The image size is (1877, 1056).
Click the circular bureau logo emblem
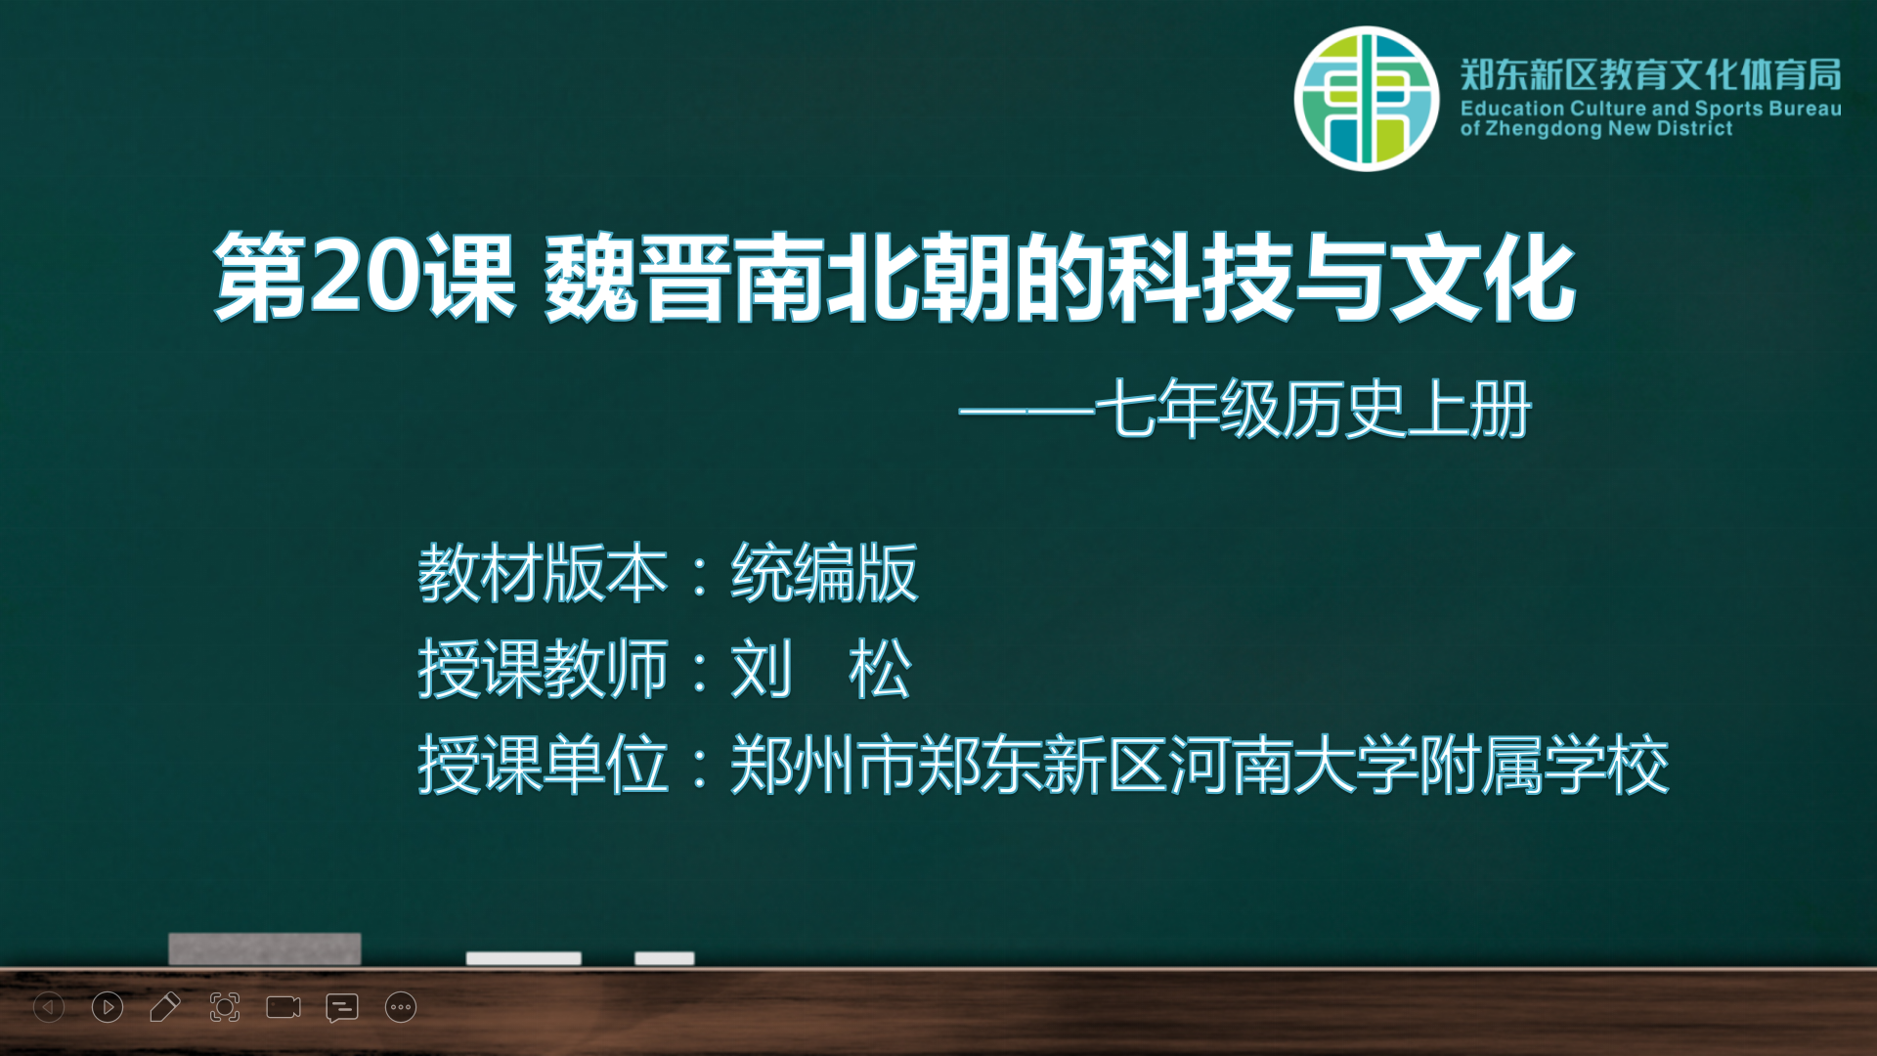pos(1367,99)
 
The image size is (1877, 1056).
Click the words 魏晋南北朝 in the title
pos(777,278)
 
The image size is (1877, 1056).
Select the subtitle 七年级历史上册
pos(1312,409)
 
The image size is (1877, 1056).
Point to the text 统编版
pos(824,573)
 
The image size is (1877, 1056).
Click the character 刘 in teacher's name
pos(762,669)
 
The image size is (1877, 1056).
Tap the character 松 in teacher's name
pos(880,669)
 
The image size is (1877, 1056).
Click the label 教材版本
pos(543,573)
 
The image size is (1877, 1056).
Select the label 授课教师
pos(543,669)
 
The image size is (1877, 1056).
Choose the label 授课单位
pos(543,765)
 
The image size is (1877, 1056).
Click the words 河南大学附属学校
pos(1419,765)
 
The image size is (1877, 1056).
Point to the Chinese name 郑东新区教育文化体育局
pos(1651,74)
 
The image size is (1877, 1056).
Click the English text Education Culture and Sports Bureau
pos(1651,109)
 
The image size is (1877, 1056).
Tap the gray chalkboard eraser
pos(265,948)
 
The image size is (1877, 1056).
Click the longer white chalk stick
pos(523,958)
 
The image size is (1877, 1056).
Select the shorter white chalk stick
pos(665,958)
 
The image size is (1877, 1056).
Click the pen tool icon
pos(165,1007)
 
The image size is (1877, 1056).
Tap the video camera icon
pos(284,1007)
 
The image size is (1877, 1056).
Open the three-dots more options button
pos(401,1007)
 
